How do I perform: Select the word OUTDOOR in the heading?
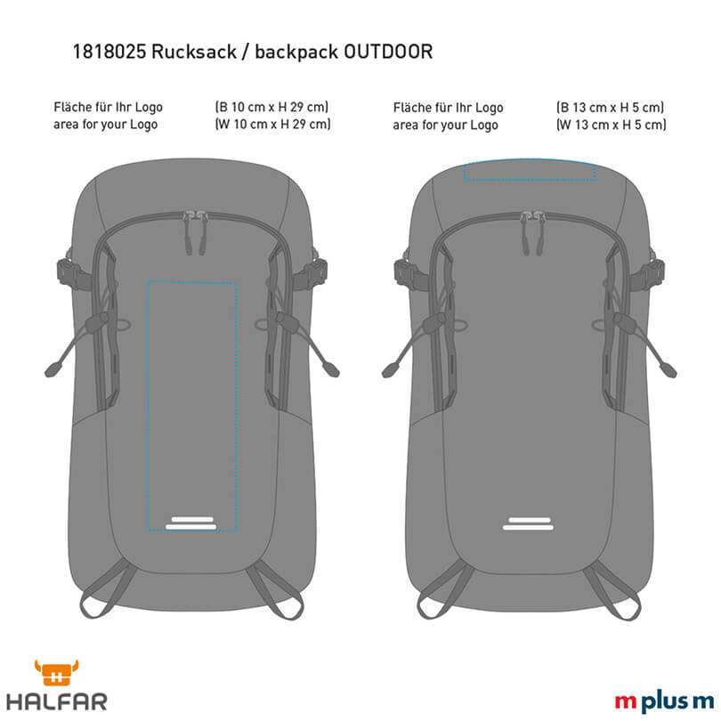(390, 53)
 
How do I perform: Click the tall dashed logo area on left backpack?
(192, 405)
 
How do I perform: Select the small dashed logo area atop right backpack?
(530, 172)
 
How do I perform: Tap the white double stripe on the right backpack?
(530, 523)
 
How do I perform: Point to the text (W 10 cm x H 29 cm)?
(273, 125)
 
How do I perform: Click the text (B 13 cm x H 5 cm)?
(610, 108)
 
